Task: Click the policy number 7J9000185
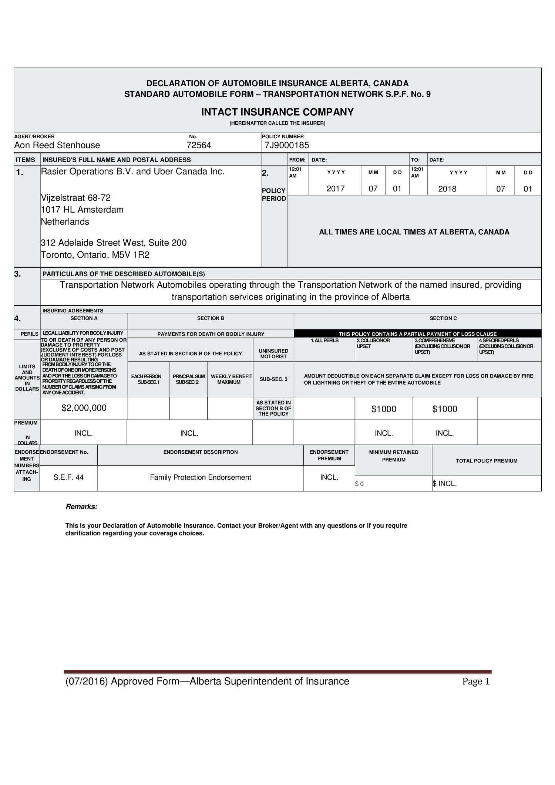[x=287, y=145]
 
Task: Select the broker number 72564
[x=199, y=145]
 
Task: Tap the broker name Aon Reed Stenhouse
[x=57, y=145]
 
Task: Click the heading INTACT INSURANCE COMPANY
[x=277, y=112]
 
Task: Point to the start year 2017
[x=336, y=189]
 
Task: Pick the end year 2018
[x=447, y=189]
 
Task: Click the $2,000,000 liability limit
[x=84, y=408]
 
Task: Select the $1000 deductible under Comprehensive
[x=445, y=409]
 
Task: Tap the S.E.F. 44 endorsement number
[x=68, y=477]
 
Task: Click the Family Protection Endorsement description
[x=201, y=477]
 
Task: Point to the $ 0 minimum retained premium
[x=359, y=484]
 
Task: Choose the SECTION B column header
[x=211, y=318]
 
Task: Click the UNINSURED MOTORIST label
[x=273, y=353]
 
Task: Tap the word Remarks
[x=81, y=507]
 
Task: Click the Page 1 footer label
[x=476, y=681]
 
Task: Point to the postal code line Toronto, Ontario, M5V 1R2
[x=95, y=255]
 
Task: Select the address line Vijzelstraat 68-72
[x=75, y=197]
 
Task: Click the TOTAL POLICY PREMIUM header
[x=486, y=461]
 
